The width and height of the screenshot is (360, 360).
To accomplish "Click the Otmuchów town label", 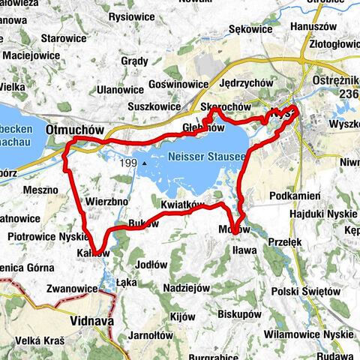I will click(x=74, y=129).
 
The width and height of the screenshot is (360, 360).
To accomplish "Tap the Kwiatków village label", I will click(x=182, y=203).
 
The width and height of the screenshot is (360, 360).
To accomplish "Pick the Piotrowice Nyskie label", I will click(x=38, y=236).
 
